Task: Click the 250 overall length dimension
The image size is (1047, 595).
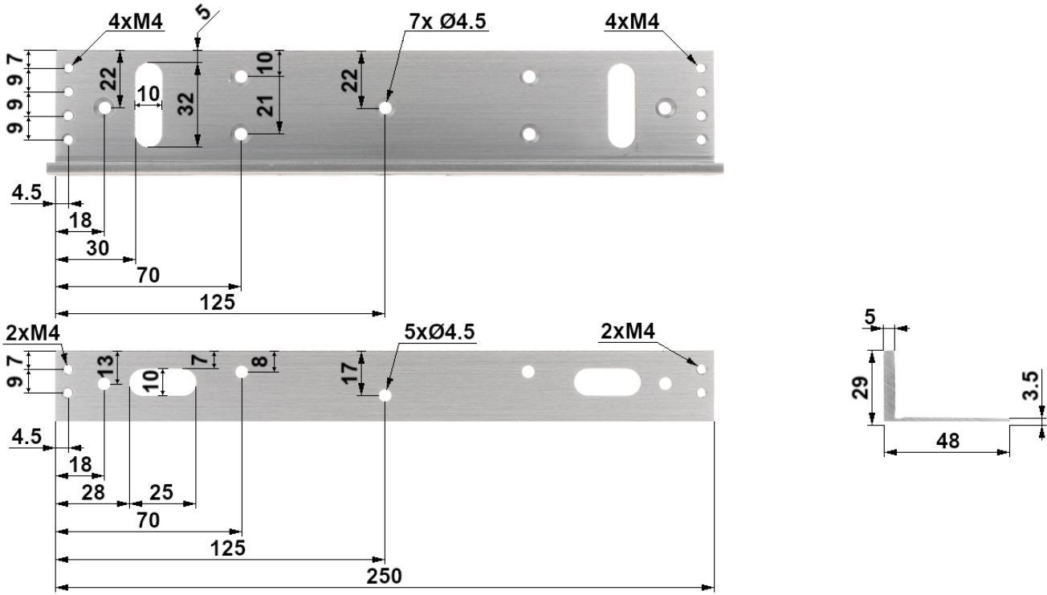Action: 384,577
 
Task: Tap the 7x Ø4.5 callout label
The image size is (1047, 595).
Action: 447,22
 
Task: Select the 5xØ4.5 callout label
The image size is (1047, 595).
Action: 439,332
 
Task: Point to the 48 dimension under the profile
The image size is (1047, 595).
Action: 948,441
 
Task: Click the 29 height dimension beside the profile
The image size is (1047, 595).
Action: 859,388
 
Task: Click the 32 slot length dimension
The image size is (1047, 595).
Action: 186,104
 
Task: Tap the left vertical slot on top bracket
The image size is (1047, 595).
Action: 149,104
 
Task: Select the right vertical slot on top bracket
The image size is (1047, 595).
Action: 621,106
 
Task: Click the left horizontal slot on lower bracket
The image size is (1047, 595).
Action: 163,382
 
